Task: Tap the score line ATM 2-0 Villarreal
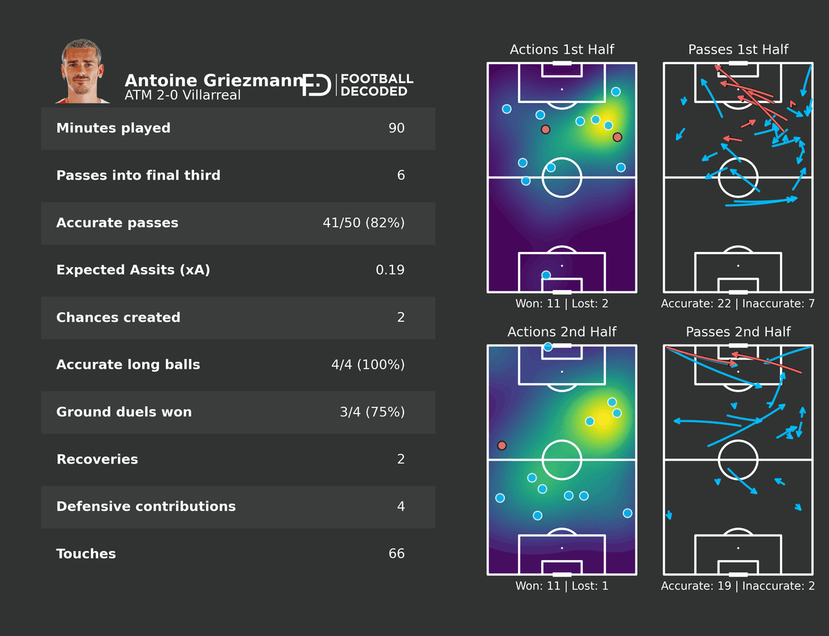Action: (182, 95)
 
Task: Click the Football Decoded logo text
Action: (377, 85)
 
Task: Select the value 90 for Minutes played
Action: (397, 128)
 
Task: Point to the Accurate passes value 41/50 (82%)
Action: (363, 223)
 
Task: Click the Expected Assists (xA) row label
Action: (133, 270)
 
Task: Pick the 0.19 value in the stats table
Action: (390, 270)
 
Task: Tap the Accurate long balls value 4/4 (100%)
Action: (368, 365)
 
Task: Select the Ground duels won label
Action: (124, 412)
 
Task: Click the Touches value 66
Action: (397, 554)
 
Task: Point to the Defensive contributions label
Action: (146, 507)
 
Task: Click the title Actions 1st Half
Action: (562, 50)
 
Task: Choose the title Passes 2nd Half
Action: (738, 332)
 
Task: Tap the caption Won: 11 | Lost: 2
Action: (562, 303)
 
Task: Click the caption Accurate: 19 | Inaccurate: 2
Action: (738, 586)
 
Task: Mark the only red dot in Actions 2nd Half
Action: (502, 445)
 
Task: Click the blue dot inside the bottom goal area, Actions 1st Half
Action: (546, 275)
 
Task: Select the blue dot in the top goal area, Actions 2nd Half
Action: (548, 347)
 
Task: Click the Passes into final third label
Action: (138, 175)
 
